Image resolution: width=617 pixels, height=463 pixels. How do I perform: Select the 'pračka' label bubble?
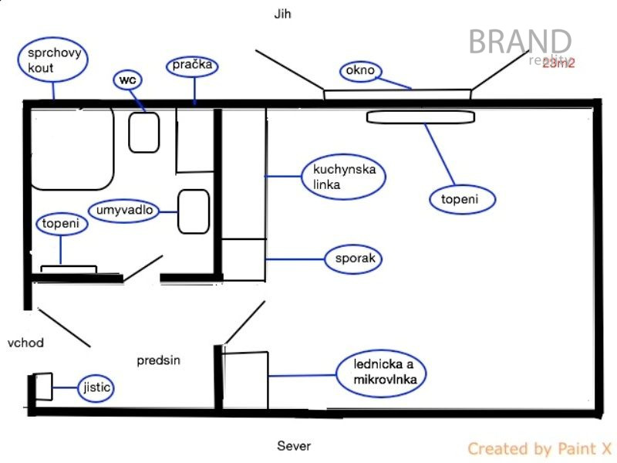tap(192, 66)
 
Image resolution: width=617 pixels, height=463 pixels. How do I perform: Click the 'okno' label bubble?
tap(360, 71)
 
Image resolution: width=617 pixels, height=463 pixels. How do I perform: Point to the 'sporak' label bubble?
tap(355, 258)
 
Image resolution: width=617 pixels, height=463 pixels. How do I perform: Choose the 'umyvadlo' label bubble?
tap(127, 210)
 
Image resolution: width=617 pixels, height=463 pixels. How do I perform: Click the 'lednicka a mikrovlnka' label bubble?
tap(379, 373)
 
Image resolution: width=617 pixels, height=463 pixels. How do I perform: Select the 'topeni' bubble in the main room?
tap(460, 199)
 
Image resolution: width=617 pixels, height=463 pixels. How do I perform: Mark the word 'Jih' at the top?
tap(283, 14)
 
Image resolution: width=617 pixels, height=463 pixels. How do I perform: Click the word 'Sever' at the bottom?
tap(294, 445)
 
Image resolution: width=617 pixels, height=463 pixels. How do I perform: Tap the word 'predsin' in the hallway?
tap(159, 360)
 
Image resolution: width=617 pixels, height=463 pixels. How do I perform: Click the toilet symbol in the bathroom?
tap(143, 132)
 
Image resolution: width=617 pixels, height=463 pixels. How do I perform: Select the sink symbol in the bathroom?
tap(194, 211)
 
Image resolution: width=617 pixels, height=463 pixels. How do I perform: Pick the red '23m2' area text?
tap(558, 63)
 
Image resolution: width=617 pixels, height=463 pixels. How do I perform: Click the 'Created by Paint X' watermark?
tap(540, 448)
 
